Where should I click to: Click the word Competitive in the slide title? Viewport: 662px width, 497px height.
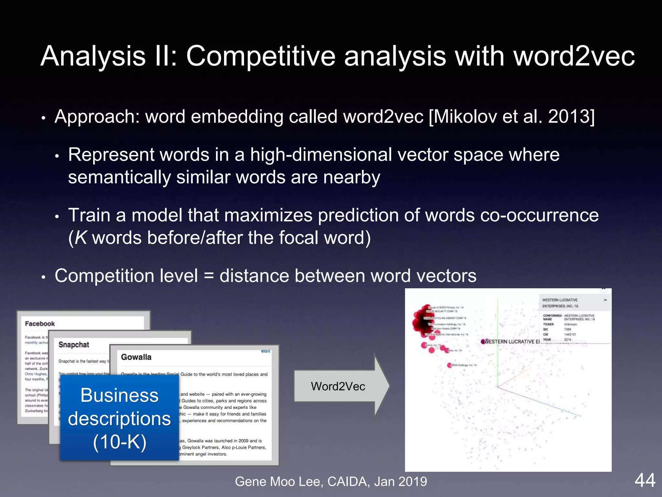point(261,56)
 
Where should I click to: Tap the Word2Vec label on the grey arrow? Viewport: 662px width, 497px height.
point(338,386)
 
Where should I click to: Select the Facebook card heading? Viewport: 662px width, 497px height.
point(40,324)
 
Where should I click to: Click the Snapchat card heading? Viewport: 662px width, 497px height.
point(74,345)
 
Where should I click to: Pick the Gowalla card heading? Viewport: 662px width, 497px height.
point(136,357)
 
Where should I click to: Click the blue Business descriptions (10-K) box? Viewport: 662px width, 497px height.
point(119,418)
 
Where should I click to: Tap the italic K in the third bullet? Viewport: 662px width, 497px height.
point(81,238)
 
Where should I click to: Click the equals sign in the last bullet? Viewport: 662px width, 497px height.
point(209,276)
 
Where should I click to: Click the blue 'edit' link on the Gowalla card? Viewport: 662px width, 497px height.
point(266,351)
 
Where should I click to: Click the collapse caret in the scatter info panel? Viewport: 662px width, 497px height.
point(605,300)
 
